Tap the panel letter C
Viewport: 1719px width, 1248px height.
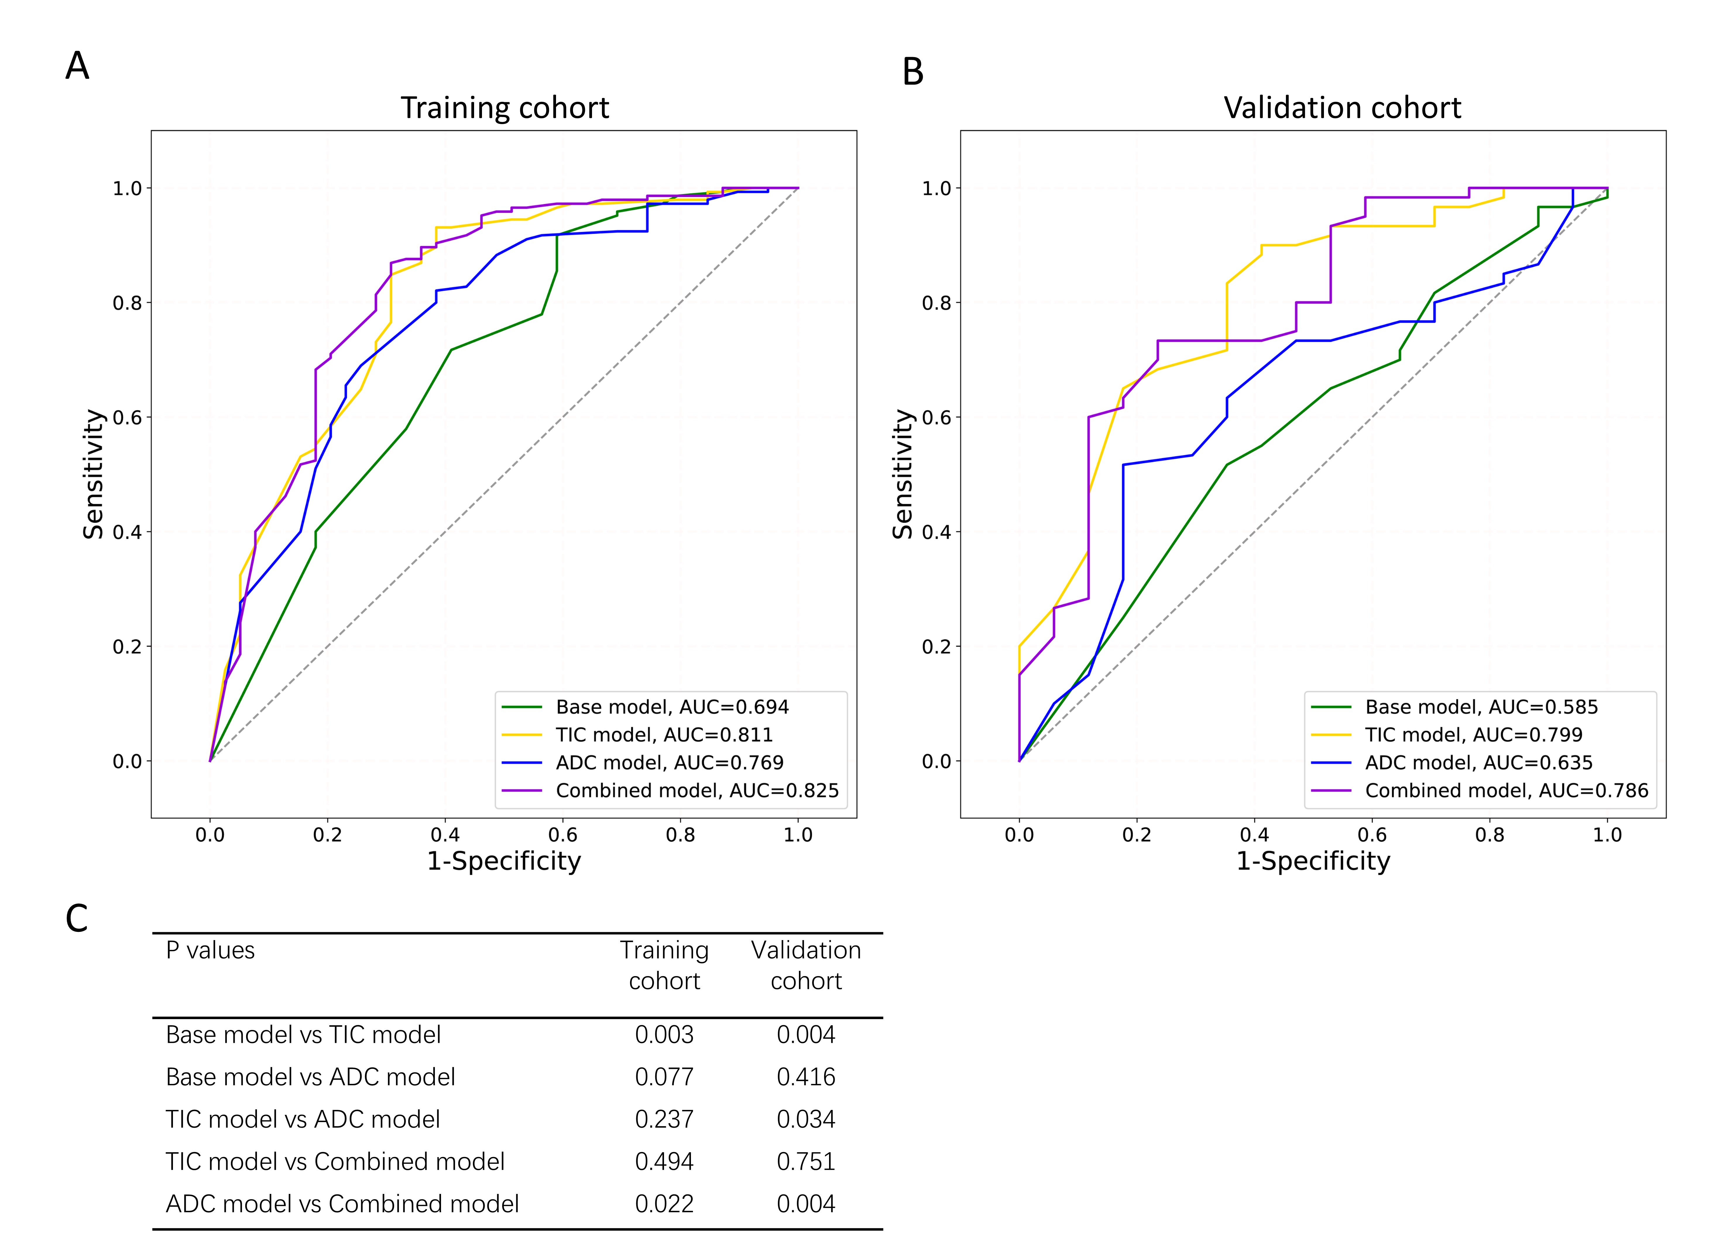77,919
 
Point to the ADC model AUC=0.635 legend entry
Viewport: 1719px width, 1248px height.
1478,763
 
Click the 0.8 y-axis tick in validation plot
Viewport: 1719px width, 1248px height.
937,303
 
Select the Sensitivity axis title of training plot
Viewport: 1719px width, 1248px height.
93,474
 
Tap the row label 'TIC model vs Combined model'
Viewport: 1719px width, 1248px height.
335,1162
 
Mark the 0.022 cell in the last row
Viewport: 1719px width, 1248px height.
664,1204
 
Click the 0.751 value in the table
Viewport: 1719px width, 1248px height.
806,1162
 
